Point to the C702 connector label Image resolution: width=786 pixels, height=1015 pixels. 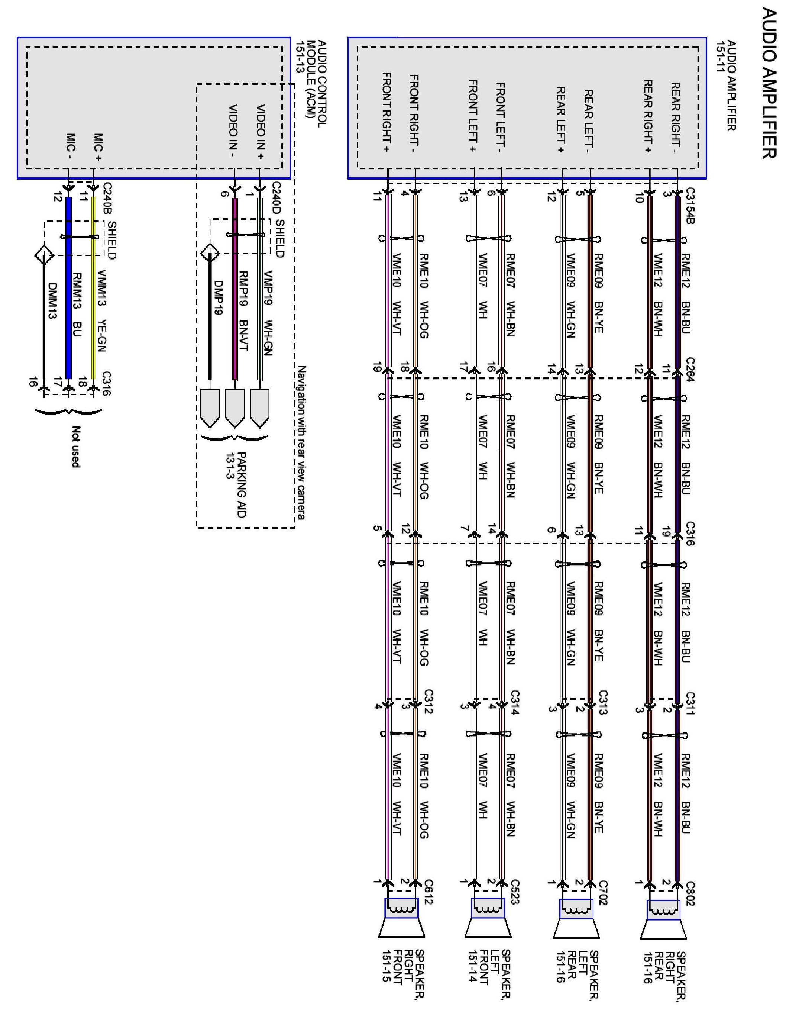pyautogui.click(x=602, y=893)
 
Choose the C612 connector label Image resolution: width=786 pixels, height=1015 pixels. pyautogui.click(x=428, y=892)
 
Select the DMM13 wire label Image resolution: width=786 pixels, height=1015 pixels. pyautogui.click(x=52, y=301)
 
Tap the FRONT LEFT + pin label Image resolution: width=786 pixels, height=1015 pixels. pyautogui.click(x=472, y=116)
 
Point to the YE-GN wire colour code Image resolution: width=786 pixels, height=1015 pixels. pyautogui.click(x=103, y=335)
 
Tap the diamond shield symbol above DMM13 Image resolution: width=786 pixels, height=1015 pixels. pyautogui.click(x=44, y=255)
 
